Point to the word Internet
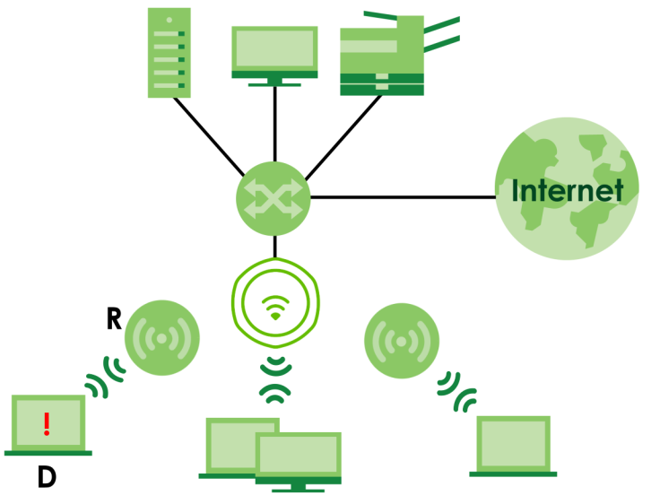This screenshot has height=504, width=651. (567, 191)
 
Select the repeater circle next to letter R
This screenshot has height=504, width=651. (162, 339)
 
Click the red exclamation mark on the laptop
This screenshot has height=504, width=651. (47, 423)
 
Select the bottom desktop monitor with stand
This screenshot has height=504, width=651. (298, 460)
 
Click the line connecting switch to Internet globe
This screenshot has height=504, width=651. (404, 196)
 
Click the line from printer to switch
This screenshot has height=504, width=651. (344, 135)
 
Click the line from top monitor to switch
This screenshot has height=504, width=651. (274, 126)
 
